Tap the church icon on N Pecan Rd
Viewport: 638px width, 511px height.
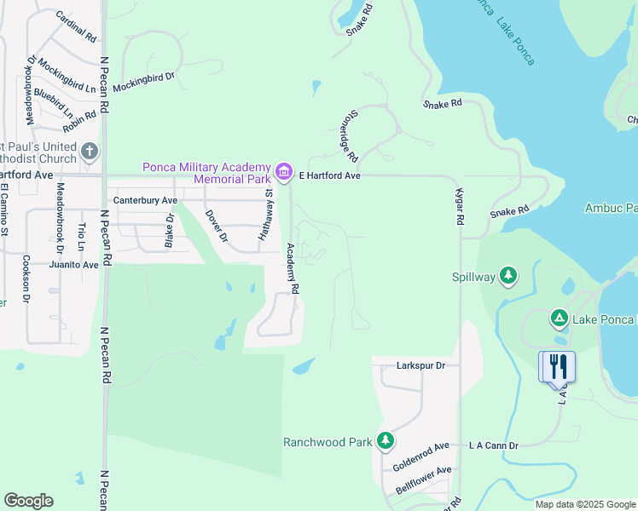[x=90, y=153]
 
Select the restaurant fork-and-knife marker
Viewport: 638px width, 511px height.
[x=557, y=366]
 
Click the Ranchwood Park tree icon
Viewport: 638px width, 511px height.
[x=386, y=440]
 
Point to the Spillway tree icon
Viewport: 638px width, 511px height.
[x=508, y=275]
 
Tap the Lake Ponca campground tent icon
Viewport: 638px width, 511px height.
[x=559, y=319]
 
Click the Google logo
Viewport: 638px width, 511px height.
[x=28, y=501]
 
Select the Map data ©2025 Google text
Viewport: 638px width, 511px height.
[x=584, y=504]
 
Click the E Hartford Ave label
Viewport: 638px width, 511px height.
[x=330, y=175]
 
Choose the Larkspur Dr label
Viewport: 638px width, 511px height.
[x=421, y=365]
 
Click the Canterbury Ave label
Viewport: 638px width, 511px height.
[x=146, y=200]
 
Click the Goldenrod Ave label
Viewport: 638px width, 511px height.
[x=420, y=456]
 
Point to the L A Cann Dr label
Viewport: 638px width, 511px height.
[x=494, y=445]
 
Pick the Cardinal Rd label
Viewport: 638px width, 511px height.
[x=76, y=27]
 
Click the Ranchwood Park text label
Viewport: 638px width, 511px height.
[x=328, y=442]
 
